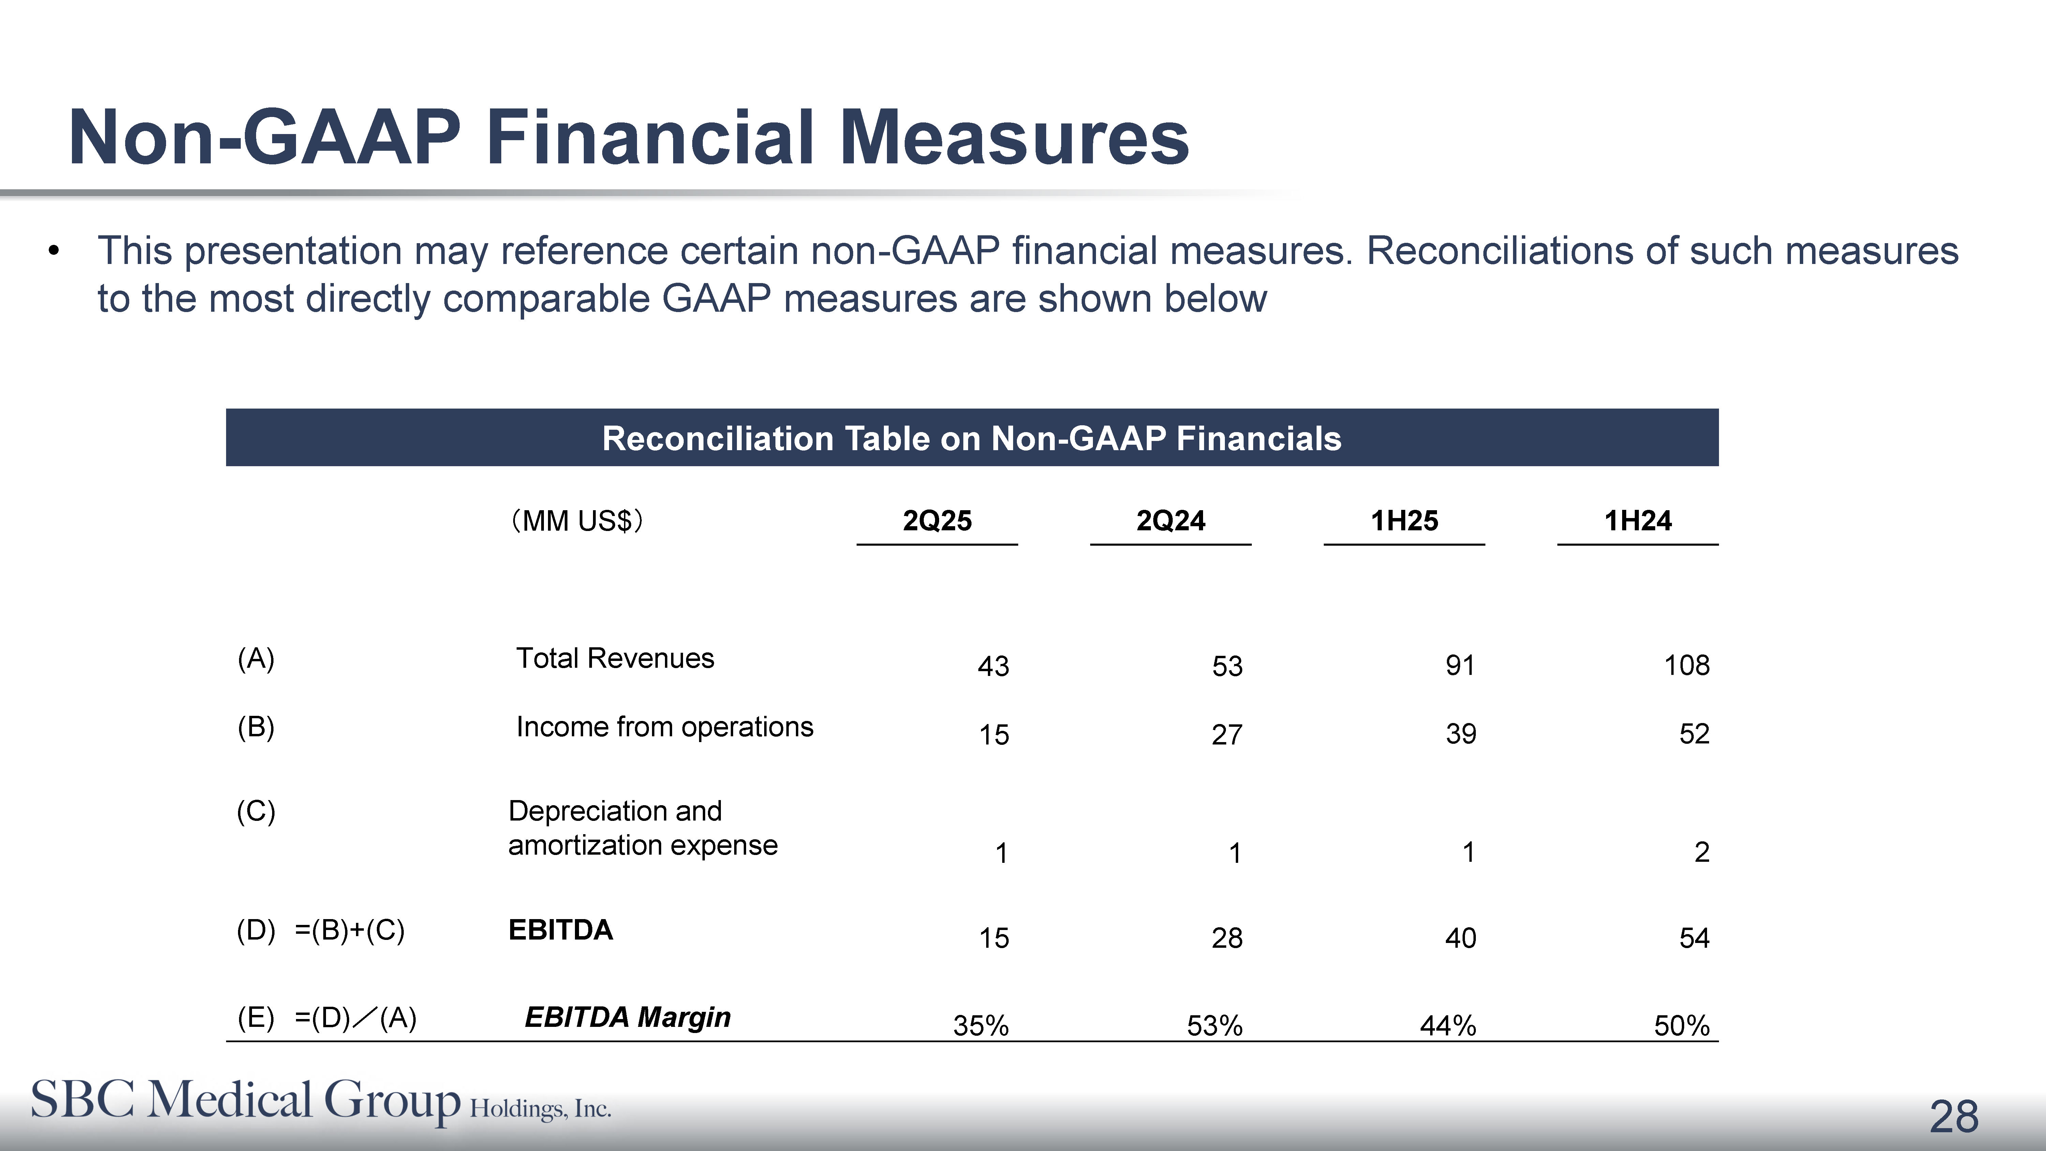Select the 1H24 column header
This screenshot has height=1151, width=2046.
click(x=1638, y=521)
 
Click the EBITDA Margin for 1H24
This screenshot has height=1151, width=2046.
click(x=1681, y=1025)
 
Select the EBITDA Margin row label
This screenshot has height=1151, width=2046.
click(x=627, y=1017)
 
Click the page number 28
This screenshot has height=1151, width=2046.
click(x=1954, y=1117)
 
